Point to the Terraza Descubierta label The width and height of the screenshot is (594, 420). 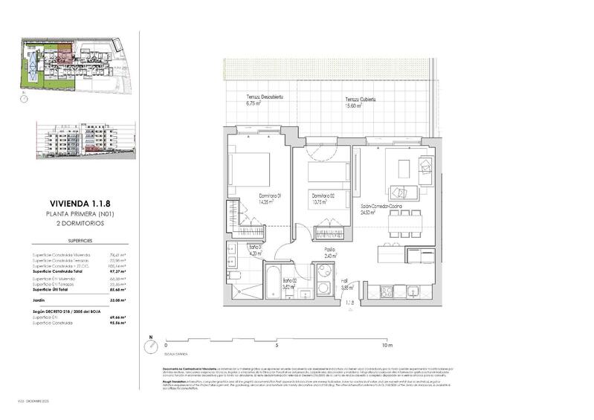(265, 101)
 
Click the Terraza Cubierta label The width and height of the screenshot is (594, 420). (359, 103)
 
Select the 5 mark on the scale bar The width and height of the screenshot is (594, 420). (276, 346)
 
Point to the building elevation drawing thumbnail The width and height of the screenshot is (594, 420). (85, 139)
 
